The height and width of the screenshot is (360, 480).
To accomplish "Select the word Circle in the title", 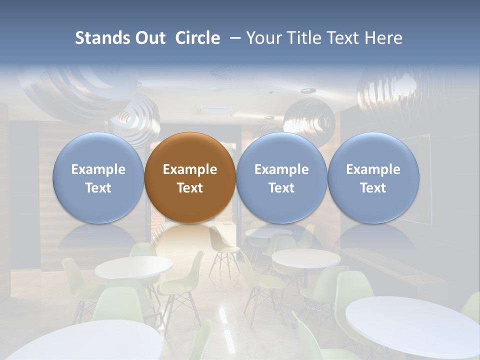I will pyautogui.click(x=197, y=38).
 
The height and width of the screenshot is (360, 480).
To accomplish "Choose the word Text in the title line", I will pyautogui.click(x=345, y=38).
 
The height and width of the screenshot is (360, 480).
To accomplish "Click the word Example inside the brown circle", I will pyautogui.click(x=190, y=169).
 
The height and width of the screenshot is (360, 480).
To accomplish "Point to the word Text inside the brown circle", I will pyautogui.click(x=190, y=188).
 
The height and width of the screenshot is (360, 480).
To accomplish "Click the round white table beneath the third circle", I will pyautogui.click(x=306, y=258).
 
